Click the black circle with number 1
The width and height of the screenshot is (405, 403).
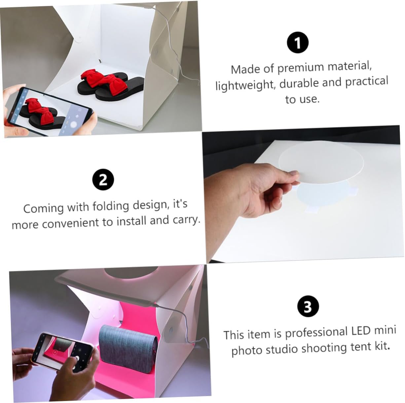click(298, 43)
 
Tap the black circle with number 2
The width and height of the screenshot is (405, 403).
click(103, 180)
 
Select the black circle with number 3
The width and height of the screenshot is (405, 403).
click(308, 306)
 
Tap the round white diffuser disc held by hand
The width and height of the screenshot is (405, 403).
click(320, 162)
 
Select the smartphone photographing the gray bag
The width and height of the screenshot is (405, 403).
click(64, 350)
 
